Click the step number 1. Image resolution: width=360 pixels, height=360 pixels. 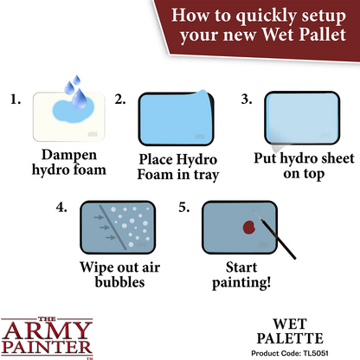click(15, 100)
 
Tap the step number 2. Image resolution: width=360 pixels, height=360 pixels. click(124, 100)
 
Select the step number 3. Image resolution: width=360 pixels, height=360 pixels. click(246, 100)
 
